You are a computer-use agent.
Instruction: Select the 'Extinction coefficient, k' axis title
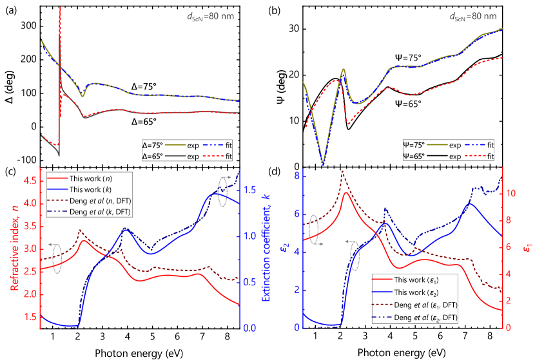[265, 247]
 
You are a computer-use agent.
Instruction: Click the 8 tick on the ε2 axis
[296, 176]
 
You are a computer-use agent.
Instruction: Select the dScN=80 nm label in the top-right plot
[474, 16]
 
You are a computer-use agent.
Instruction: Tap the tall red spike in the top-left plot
[60, 26]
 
